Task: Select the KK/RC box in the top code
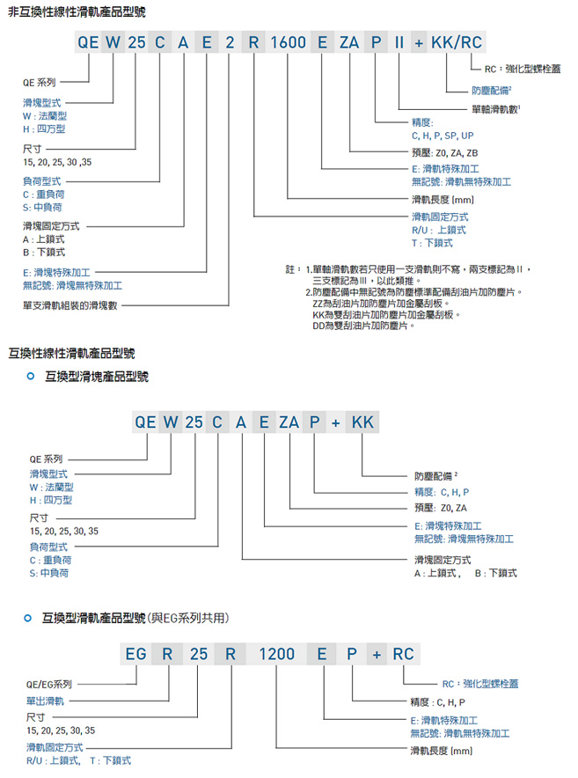pyautogui.click(x=454, y=42)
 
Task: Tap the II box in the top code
pyautogui.click(x=399, y=42)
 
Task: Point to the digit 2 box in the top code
pyautogui.click(x=229, y=42)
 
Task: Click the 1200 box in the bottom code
pyautogui.click(x=276, y=655)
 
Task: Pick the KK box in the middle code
pyautogui.click(x=362, y=422)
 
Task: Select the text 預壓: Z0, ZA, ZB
pyautogui.click(x=450, y=153)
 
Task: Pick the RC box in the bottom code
pyautogui.click(x=403, y=655)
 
